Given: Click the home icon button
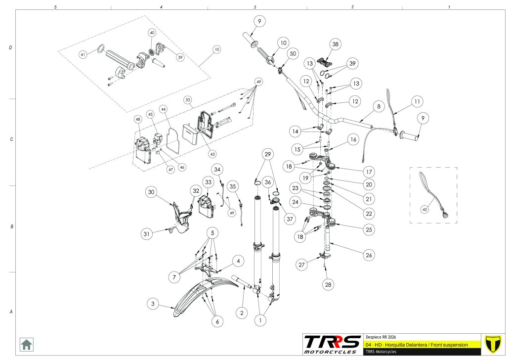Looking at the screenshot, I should (26, 344).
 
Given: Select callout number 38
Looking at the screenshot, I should (336, 44).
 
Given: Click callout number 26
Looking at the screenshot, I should (368, 256).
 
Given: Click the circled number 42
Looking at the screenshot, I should (424, 209).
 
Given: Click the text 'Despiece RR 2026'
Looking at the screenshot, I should (381, 336).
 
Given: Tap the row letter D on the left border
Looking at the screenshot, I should (10, 48).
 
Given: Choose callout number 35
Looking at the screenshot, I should (234, 186).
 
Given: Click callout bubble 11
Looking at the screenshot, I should (417, 101).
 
